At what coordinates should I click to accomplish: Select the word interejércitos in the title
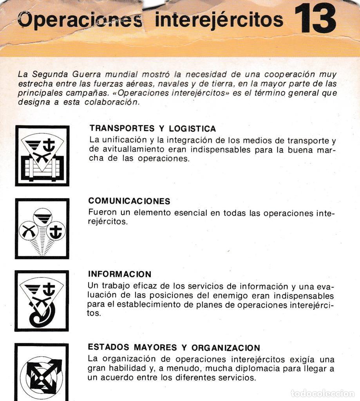219,20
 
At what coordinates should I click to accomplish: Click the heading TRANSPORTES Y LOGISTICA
152,128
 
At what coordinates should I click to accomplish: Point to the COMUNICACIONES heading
129,201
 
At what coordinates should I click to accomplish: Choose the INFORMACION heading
119,274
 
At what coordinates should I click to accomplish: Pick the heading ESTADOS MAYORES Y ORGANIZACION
174,347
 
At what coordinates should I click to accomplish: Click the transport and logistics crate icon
42,156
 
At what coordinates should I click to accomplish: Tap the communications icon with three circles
42,229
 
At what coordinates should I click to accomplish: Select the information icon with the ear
42,301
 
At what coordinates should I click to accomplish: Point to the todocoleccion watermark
322,393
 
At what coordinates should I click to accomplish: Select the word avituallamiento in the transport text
127,150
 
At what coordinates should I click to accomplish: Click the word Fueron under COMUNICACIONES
102,213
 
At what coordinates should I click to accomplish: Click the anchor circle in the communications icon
56,231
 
